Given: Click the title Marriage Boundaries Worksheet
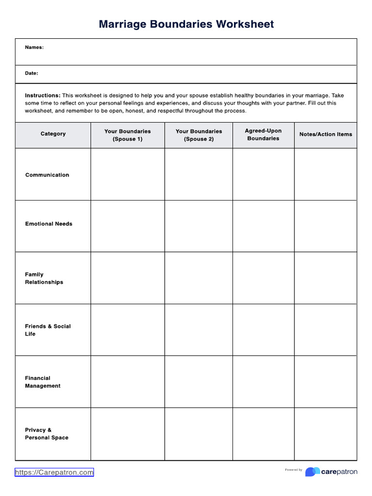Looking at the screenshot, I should pyautogui.click(x=186, y=24).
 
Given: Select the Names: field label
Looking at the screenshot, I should pyautogui.click(x=34, y=47).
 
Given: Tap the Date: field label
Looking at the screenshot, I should pyautogui.click(x=31, y=74).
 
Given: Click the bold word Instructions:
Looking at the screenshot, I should pyautogui.click(x=43, y=96).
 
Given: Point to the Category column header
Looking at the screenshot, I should pyautogui.click(x=53, y=134).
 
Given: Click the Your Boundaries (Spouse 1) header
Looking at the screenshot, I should pyautogui.click(x=127, y=135).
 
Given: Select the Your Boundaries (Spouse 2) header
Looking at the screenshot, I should pyautogui.click(x=199, y=135).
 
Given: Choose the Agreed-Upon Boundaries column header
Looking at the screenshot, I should pyautogui.click(x=263, y=135).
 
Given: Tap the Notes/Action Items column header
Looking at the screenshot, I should pyautogui.click(x=325, y=134).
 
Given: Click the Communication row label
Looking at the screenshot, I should pyautogui.click(x=47, y=175).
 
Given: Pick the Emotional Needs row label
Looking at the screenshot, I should pyautogui.click(x=48, y=224).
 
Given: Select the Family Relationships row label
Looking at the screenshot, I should pyautogui.click(x=44, y=278).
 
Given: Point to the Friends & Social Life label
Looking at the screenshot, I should pyautogui.click(x=47, y=330).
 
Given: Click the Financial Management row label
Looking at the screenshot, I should pyautogui.click(x=43, y=382).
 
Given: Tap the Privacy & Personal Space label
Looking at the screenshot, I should pyautogui.click(x=46, y=434).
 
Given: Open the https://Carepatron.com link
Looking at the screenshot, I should pyautogui.click(x=54, y=472).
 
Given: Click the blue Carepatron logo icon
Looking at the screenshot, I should pyautogui.click(x=312, y=472).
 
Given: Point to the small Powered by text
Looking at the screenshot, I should pyautogui.click(x=294, y=470).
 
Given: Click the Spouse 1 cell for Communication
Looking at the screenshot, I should pyautogui.click(x=127, y=174).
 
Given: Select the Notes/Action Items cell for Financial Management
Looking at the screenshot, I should pyautogui.click(x=325, y=382).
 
